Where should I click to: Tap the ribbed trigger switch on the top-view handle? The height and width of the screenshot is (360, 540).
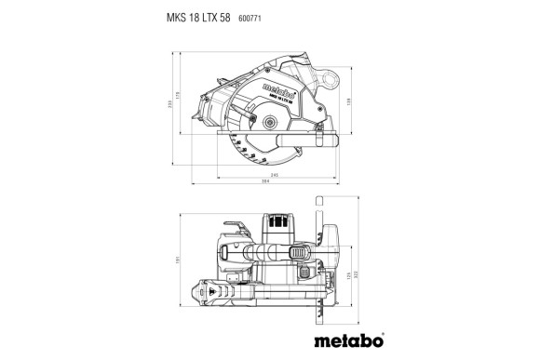pyautogui.click(x=300, y=252)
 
